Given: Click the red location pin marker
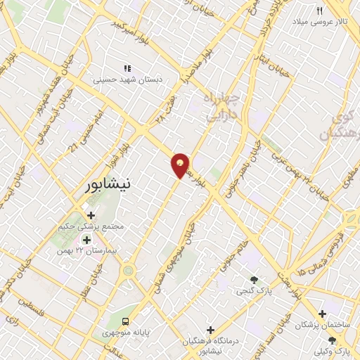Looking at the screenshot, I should click(181, 165).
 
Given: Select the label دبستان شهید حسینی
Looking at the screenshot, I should click(127, 80).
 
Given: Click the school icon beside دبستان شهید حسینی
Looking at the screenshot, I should click(127, 68).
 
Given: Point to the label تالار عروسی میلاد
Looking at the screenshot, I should click(321, 22).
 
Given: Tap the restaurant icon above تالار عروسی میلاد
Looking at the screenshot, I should click(320, 11).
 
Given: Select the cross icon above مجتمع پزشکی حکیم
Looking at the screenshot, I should click(91, 215).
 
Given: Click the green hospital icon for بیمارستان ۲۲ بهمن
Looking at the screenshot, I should click(86, 239).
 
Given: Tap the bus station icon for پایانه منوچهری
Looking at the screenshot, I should click(124, 321).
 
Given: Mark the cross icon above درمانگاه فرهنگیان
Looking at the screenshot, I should click(210, 329).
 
